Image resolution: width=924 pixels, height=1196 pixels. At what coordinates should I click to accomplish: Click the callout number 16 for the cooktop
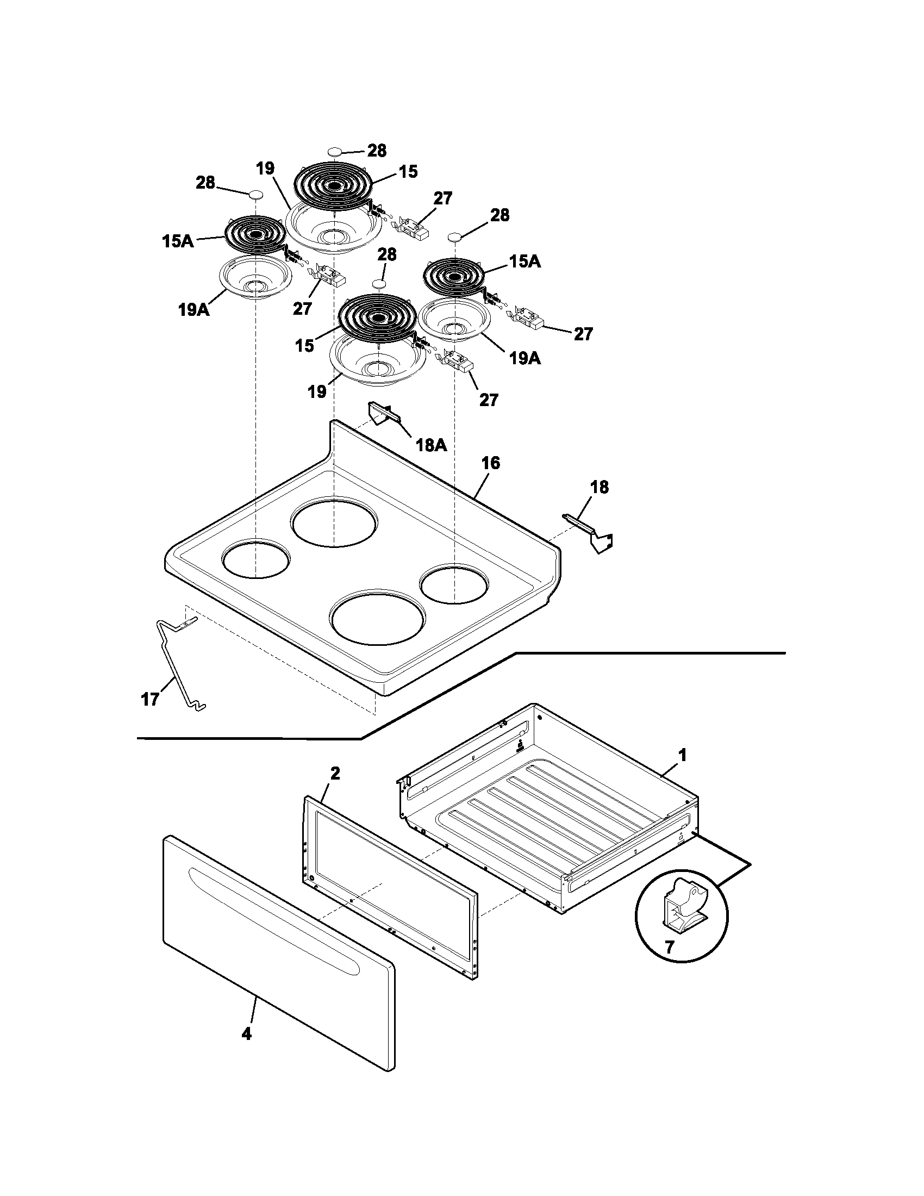pyautogui.click(x=490, y=463)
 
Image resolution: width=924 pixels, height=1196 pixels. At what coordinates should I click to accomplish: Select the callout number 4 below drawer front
pyautogui.click(x=246, y=1049)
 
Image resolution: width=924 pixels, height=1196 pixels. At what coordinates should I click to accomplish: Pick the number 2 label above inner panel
pyautogui.click(x=334, y=773)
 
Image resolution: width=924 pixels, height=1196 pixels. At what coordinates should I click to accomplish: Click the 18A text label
pyautogui.click(x=431, y=445)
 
